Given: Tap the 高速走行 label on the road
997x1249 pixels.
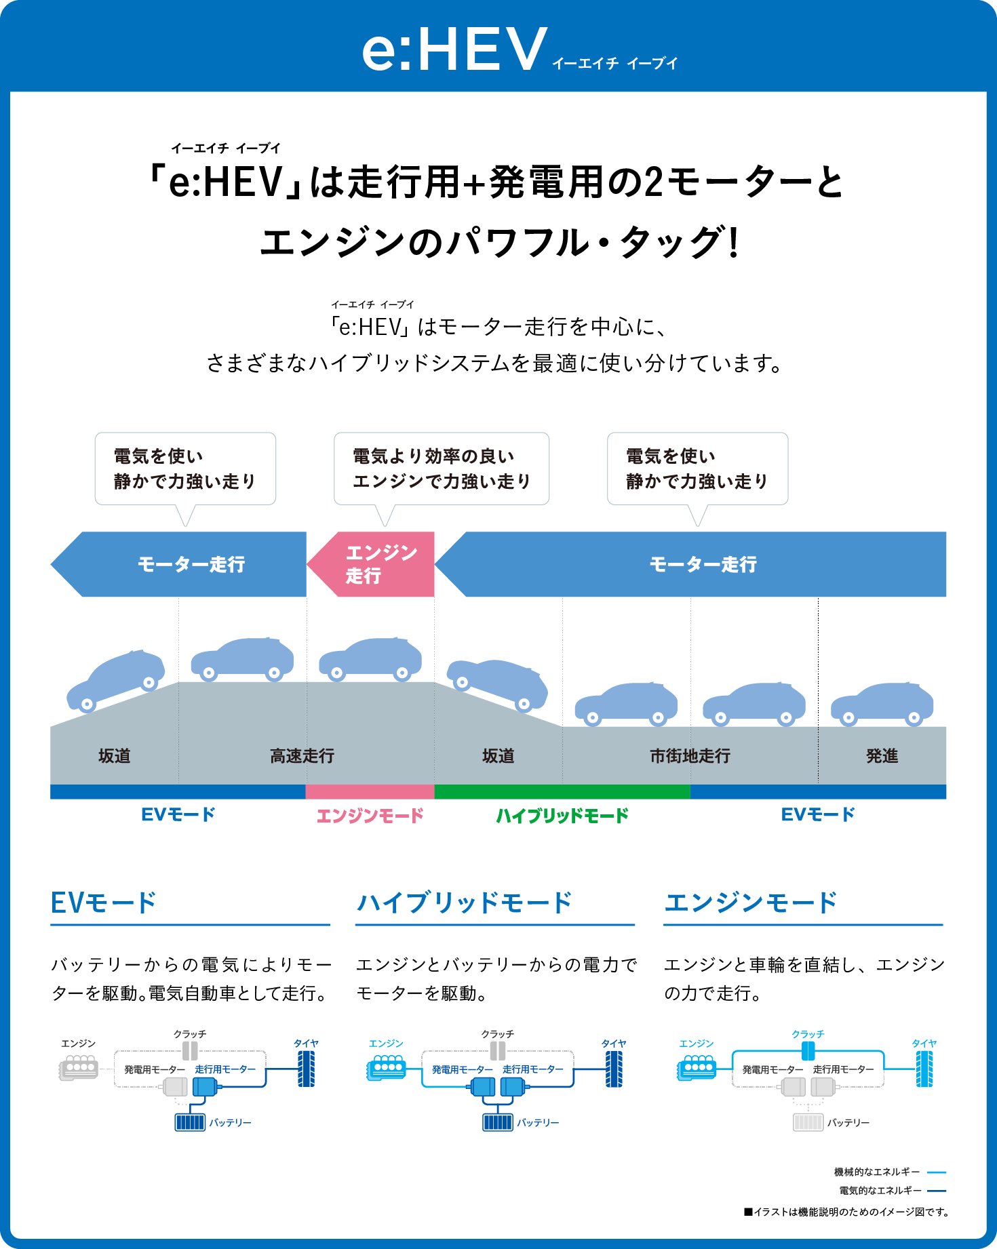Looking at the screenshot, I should pos(302,755).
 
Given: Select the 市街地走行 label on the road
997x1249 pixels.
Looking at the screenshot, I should pos(690,755).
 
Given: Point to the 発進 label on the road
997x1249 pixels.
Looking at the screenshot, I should pos(882,755).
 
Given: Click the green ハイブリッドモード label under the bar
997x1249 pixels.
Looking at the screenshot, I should pos(562,815).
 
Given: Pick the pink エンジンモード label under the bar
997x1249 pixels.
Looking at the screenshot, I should pos(370,815).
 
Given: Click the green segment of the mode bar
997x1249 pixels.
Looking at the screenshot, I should pos(562,791).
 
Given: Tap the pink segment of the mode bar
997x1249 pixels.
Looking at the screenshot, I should pos(370,791).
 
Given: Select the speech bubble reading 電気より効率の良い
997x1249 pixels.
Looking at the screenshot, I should pos(441,469).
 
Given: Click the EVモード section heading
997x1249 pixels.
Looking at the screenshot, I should pos(104,903).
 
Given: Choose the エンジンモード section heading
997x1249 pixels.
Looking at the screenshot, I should pos(750,903).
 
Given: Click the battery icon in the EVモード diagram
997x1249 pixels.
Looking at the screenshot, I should pos(190,1122).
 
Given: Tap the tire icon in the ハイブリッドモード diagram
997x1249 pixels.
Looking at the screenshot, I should pos(614,1069).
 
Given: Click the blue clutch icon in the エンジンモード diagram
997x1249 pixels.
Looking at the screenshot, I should pos(808,1050).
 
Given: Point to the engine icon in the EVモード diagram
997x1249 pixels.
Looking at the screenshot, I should pos(79,1068).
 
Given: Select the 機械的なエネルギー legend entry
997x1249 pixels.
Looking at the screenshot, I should pos(889,1172).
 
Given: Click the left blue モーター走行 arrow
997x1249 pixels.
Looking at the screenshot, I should pos(183,564).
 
